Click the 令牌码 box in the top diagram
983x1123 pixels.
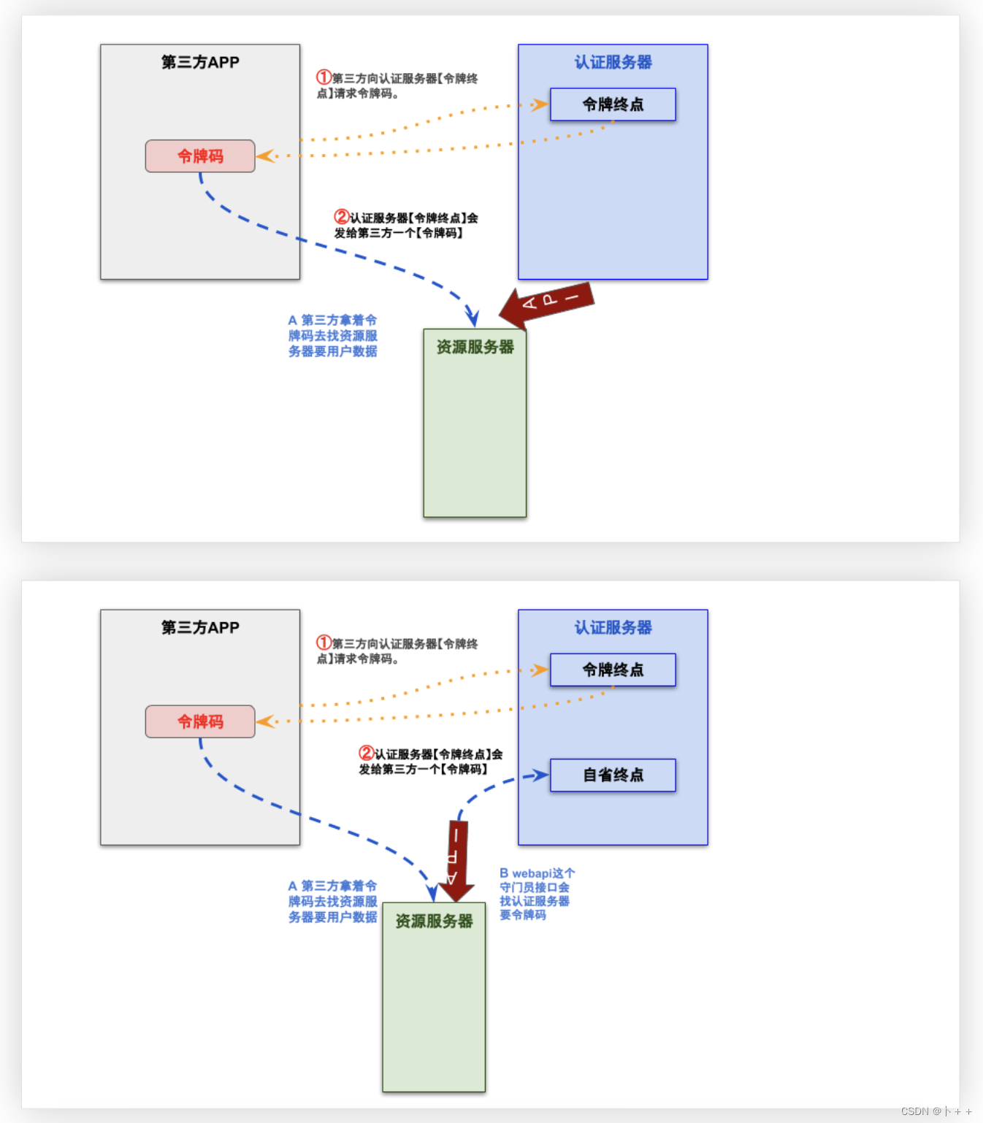coord(200,156)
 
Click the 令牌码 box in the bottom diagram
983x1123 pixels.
coord(200,721)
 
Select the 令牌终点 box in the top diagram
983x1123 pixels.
coord(613,104)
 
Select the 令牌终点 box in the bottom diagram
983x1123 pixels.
coord(613,670)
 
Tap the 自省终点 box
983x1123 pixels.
coord(613,775)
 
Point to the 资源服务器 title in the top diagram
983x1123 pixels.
coord(475,347)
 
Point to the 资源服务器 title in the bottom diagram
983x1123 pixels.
coord(434,921)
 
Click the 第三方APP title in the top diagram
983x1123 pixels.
coord(200,62)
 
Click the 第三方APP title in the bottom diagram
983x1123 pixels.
coord(200,627)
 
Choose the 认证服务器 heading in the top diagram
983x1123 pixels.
coord(613,62)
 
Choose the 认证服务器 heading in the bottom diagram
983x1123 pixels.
coord(613,627)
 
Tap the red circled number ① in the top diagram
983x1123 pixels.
coord(324,77)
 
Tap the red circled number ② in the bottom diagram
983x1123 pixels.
coord(366,753)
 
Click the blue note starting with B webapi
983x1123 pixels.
coord(536,894)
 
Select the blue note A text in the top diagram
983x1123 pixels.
coord(332,336)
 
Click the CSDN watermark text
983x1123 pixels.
coord(936,1111)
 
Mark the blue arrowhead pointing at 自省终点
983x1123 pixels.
coord(541,775)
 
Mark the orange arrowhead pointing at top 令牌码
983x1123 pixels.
coord(264,156)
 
